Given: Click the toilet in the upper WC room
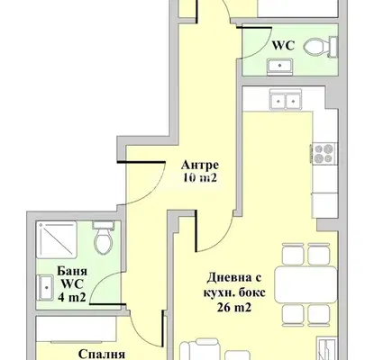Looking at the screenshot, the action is [x=320, y=47].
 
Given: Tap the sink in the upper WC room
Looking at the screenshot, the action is [x=280, y=66].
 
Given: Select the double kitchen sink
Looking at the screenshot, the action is [x=286, y=99].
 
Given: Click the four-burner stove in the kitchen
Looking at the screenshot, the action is [x=324, y=154].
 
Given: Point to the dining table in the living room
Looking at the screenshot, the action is [x=306, y=284].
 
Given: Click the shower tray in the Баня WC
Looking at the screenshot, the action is [x=57, y=239].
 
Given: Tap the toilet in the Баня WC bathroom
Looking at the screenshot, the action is [x=104, y=238].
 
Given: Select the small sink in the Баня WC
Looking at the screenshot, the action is [x=45, y=288].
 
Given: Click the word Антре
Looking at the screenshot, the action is [x=200, y=165].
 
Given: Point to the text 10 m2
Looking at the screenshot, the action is [x=200, y=178].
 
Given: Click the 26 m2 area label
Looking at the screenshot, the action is [x=233, y=308].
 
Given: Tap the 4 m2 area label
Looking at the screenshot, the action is [x=72, y=297].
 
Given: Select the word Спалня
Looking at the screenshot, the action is [x=102, y=354].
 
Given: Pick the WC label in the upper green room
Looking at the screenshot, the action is [x=283, y=46].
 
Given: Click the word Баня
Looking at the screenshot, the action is [x=72, y=271].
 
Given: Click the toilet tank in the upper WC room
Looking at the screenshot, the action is [x=333, y=47].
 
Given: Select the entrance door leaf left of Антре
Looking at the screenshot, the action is [x=141, y=162].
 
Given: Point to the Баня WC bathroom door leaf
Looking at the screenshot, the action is [x=108, y=304].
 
